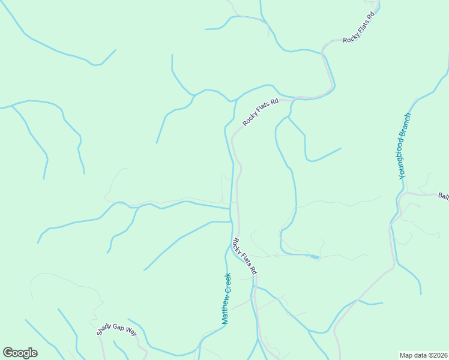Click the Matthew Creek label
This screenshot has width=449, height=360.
[226, 299]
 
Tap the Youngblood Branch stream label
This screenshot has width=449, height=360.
[405, 146]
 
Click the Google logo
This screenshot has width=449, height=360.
[20, 353]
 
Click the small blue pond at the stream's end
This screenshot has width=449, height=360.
[315, 257]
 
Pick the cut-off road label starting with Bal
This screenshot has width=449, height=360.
[443, 196]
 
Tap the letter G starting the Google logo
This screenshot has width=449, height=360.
[7, 353]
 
